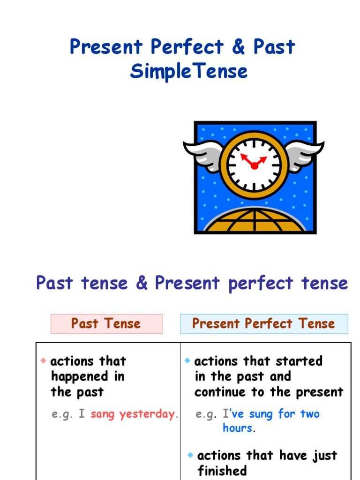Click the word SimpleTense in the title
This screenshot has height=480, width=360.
click(188, 72)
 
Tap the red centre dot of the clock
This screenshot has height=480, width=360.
click(254, 165)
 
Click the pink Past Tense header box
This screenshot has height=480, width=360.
click(106, 324)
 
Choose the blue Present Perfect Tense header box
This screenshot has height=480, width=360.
click(264, 324)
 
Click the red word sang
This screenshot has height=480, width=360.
click(103, 414)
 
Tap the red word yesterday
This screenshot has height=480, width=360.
click(146, 414)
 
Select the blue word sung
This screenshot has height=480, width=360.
click(261, 414)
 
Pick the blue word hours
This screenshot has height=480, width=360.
click(237, 428)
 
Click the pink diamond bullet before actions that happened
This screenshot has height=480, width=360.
click(44, 360)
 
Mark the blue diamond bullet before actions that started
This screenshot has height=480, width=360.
click(187, 360)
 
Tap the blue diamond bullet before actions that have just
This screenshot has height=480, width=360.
click(190, 455)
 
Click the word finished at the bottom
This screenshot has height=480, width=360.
click(222, 471)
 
